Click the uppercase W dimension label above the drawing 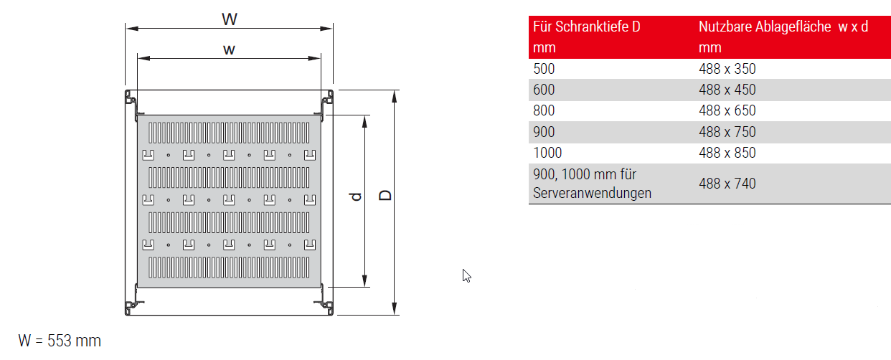click(x=229, y=19)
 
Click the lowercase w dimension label click(x=229, y=49)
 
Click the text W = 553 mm click(x=60, y=341)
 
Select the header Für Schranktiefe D click(x=587, y=27)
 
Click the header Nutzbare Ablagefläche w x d click(x=783, y=27)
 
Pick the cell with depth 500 click(x=544, y=69)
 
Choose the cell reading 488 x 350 click(x=727, y=69)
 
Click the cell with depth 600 click(x=544, y=90)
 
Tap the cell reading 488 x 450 click(x=727, y=90)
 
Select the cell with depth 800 click(x=544, y=111)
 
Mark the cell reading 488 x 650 click(x=727, y=111)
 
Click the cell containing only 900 click(x=544, y=132)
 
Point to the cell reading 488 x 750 click(x=727, y=132)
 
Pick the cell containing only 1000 click(x=548, y=153)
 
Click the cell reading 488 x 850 click(x=727, y=153)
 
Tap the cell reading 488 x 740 click(x=727, y=184)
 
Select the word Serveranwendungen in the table click(x=593, y=193)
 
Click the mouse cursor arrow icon click(x=466, y=275)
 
